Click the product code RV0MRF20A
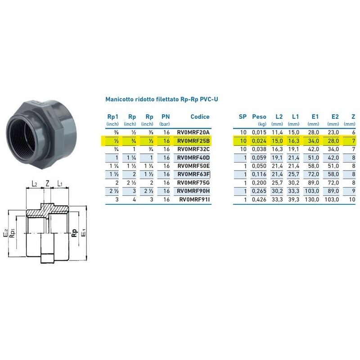click(193, 132)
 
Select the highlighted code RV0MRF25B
click(193, 141)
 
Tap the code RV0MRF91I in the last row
click(194, 199)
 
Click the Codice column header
click(200, 117)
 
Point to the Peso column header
click(259, 117)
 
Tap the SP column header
click(243, 117)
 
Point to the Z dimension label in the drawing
click(47, 184)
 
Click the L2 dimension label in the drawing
click(35, 184)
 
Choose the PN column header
click(165, 117)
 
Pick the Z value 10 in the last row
click(352, 199)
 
